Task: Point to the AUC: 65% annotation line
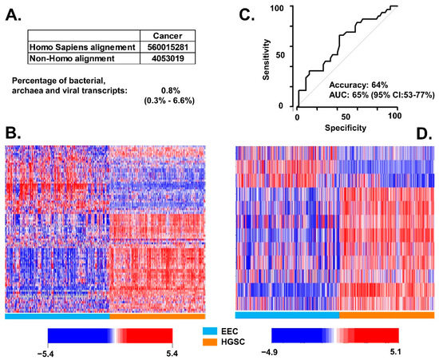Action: [x=381, y=94]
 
